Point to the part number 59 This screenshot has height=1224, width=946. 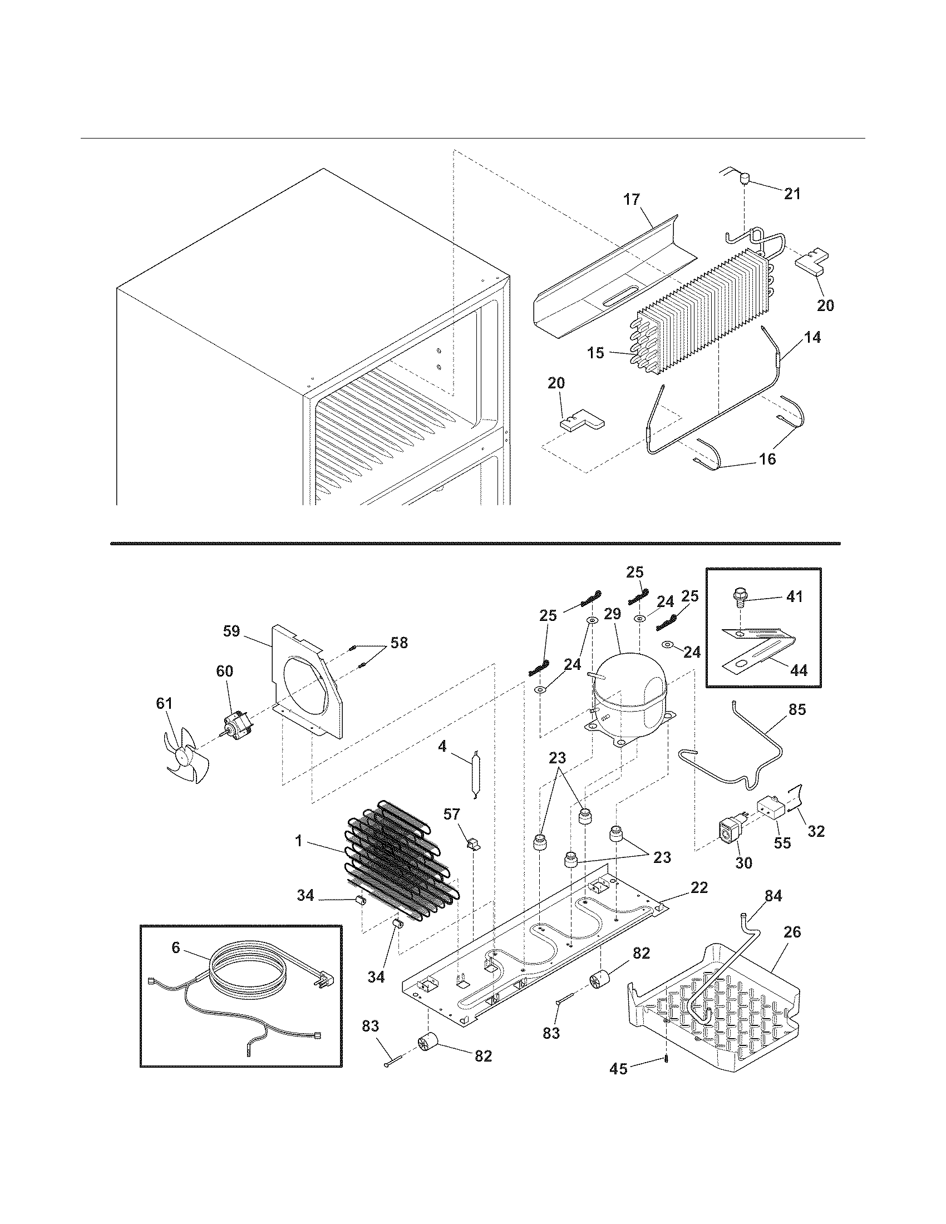pos(231,631)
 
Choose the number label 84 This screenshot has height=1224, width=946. pos(773,896)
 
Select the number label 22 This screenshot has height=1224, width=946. pos(699,887)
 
